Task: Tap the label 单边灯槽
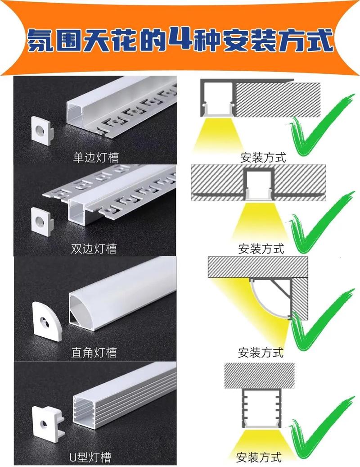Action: [x=96, y=157]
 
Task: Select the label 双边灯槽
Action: [x=94, y=249]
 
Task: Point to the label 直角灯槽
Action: [x=94, y=352]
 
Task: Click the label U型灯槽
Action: [x=90, y=457]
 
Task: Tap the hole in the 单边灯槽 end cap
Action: [x=39, y=130]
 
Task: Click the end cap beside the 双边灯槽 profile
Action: [x=42, y=221]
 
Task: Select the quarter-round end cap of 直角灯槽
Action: [x=47, y=322]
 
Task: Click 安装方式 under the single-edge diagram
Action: [x=263, y=158]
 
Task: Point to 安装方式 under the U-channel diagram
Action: [x=259, y=457]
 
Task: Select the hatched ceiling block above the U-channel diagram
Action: [x=259, y=376]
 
